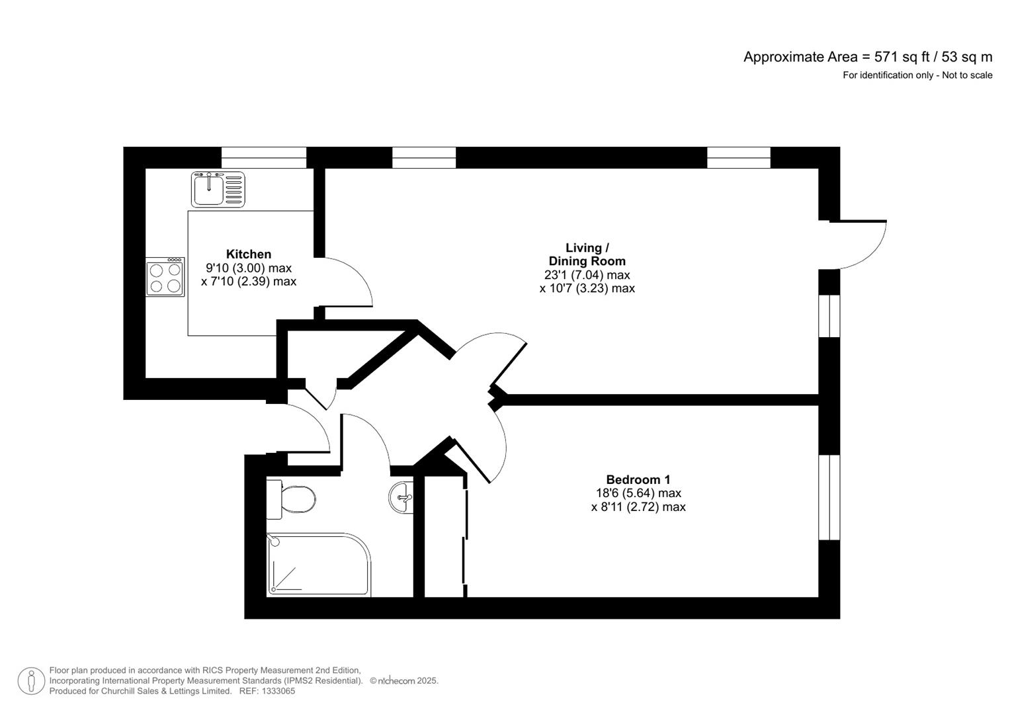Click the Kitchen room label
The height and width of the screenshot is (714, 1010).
249,254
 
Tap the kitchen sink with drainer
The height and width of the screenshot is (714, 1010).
218,189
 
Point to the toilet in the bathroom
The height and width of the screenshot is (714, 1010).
292,500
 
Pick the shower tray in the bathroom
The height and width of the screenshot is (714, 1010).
317,565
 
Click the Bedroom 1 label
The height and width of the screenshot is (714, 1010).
638,479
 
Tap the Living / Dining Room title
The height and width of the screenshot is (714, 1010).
587,255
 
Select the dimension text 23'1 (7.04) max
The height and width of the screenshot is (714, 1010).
587,275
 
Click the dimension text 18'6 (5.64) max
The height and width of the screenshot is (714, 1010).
638,493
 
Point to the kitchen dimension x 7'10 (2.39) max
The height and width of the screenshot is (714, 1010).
249,282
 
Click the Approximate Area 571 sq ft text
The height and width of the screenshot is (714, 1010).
867,57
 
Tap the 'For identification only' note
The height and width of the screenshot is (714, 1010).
917,75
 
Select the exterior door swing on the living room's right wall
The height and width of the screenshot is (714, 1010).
860,245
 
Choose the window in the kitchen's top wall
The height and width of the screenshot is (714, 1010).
264,158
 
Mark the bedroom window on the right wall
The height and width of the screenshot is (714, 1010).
829,497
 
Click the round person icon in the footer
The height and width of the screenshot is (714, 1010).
31,681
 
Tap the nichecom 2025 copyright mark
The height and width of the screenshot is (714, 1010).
404,681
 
